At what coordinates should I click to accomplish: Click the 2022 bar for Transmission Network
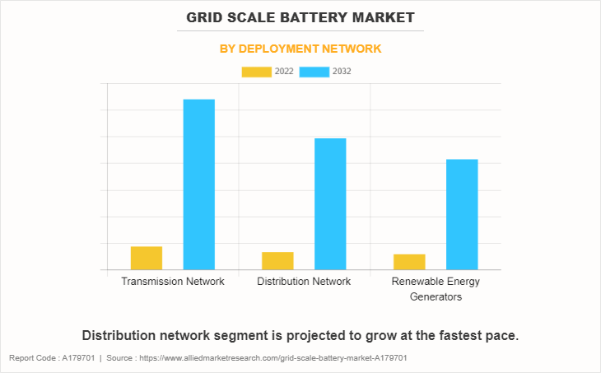[147, 258]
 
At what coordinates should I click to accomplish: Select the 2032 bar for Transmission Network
[198, 184]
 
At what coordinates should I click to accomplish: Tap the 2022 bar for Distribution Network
[277, 260]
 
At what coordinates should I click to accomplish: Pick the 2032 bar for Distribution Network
[330, 203]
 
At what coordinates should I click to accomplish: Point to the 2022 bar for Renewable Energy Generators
[409, 262]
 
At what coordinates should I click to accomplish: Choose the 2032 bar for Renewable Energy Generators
[462, 214]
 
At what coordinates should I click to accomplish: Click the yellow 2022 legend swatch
[257, 72]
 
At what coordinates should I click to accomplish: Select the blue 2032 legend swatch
[314, 72]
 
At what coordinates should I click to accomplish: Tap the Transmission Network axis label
[173, 282]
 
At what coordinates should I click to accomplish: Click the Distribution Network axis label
[304, 282]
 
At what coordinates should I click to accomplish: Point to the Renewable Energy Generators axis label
[436, 289]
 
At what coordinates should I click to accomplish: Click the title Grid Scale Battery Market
[300, 16]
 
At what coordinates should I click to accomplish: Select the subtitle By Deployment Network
[300, 49]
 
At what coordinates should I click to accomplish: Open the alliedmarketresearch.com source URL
[273, 358]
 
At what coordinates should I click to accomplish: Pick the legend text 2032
[342, 72]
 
